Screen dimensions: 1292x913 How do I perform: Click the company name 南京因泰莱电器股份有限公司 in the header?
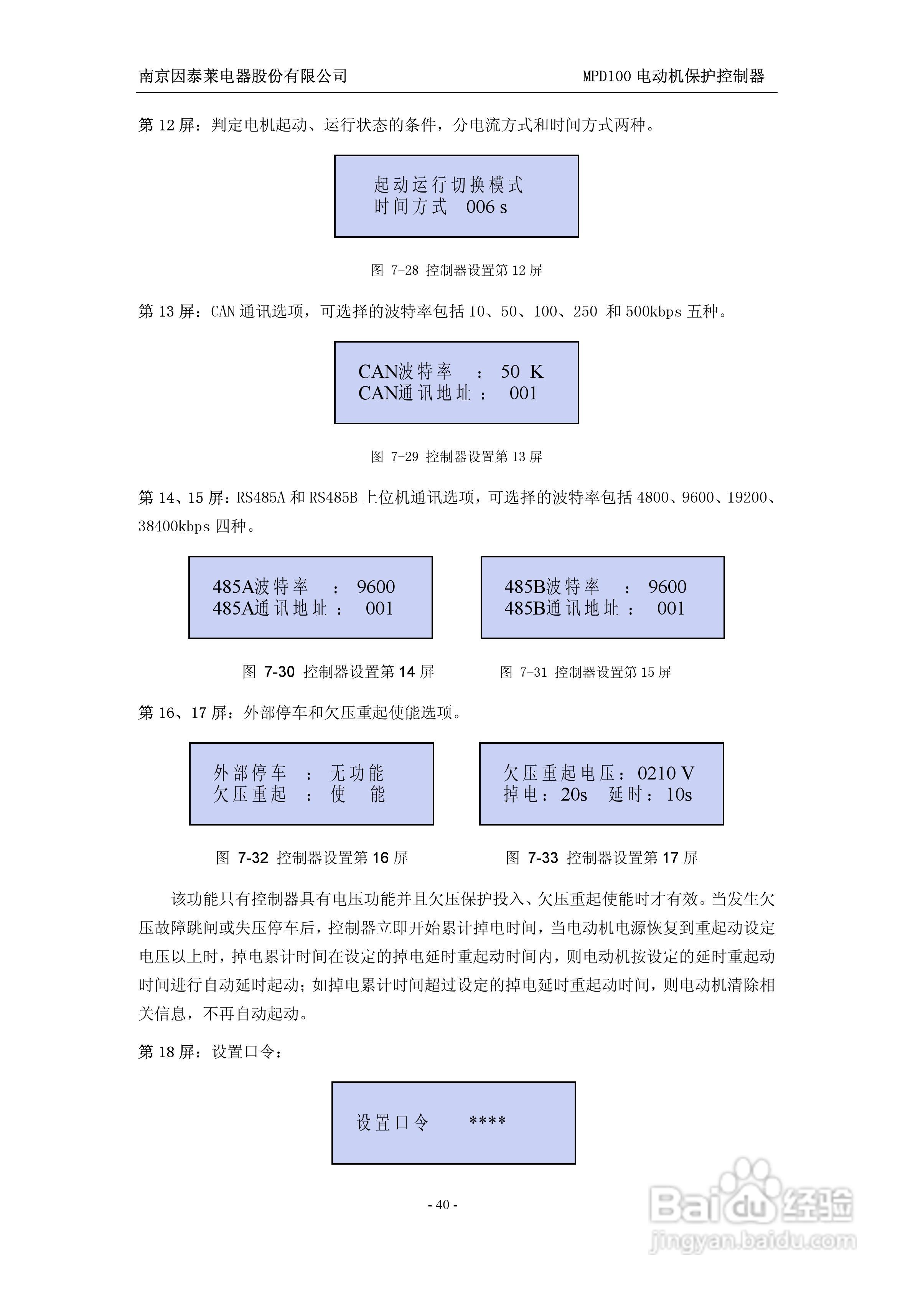tap(242, 76)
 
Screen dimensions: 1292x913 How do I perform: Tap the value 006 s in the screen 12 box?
tap(486, 207)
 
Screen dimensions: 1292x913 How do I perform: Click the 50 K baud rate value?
tap(522, 371)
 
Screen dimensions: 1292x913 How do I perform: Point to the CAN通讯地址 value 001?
tap(523, 393)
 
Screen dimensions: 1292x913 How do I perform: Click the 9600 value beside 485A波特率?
tap(376, 587)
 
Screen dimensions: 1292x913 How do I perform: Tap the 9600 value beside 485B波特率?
tap(667, 587)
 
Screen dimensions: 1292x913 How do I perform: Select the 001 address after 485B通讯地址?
tap(671, 608)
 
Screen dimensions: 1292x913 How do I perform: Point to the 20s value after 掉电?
tap(574, 794)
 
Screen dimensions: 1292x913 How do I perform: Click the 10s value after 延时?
tap(679, 794)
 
